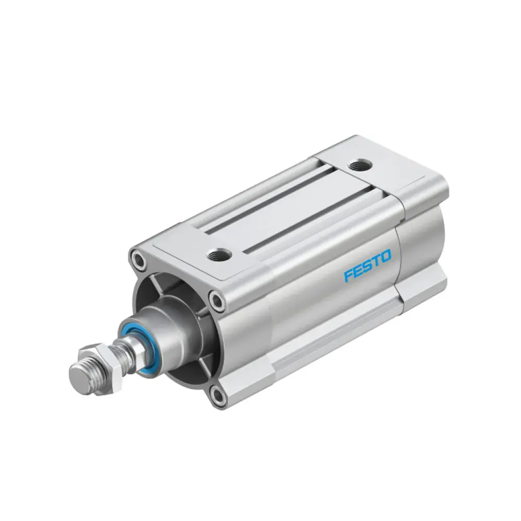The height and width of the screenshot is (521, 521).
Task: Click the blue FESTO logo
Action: (367, 266)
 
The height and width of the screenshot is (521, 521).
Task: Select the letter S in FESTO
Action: (367, 266)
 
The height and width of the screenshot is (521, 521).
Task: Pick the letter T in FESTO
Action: (376, 261)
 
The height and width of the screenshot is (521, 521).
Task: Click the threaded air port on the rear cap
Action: (360, 164)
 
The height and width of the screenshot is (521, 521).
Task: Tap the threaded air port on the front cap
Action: (219, 255)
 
